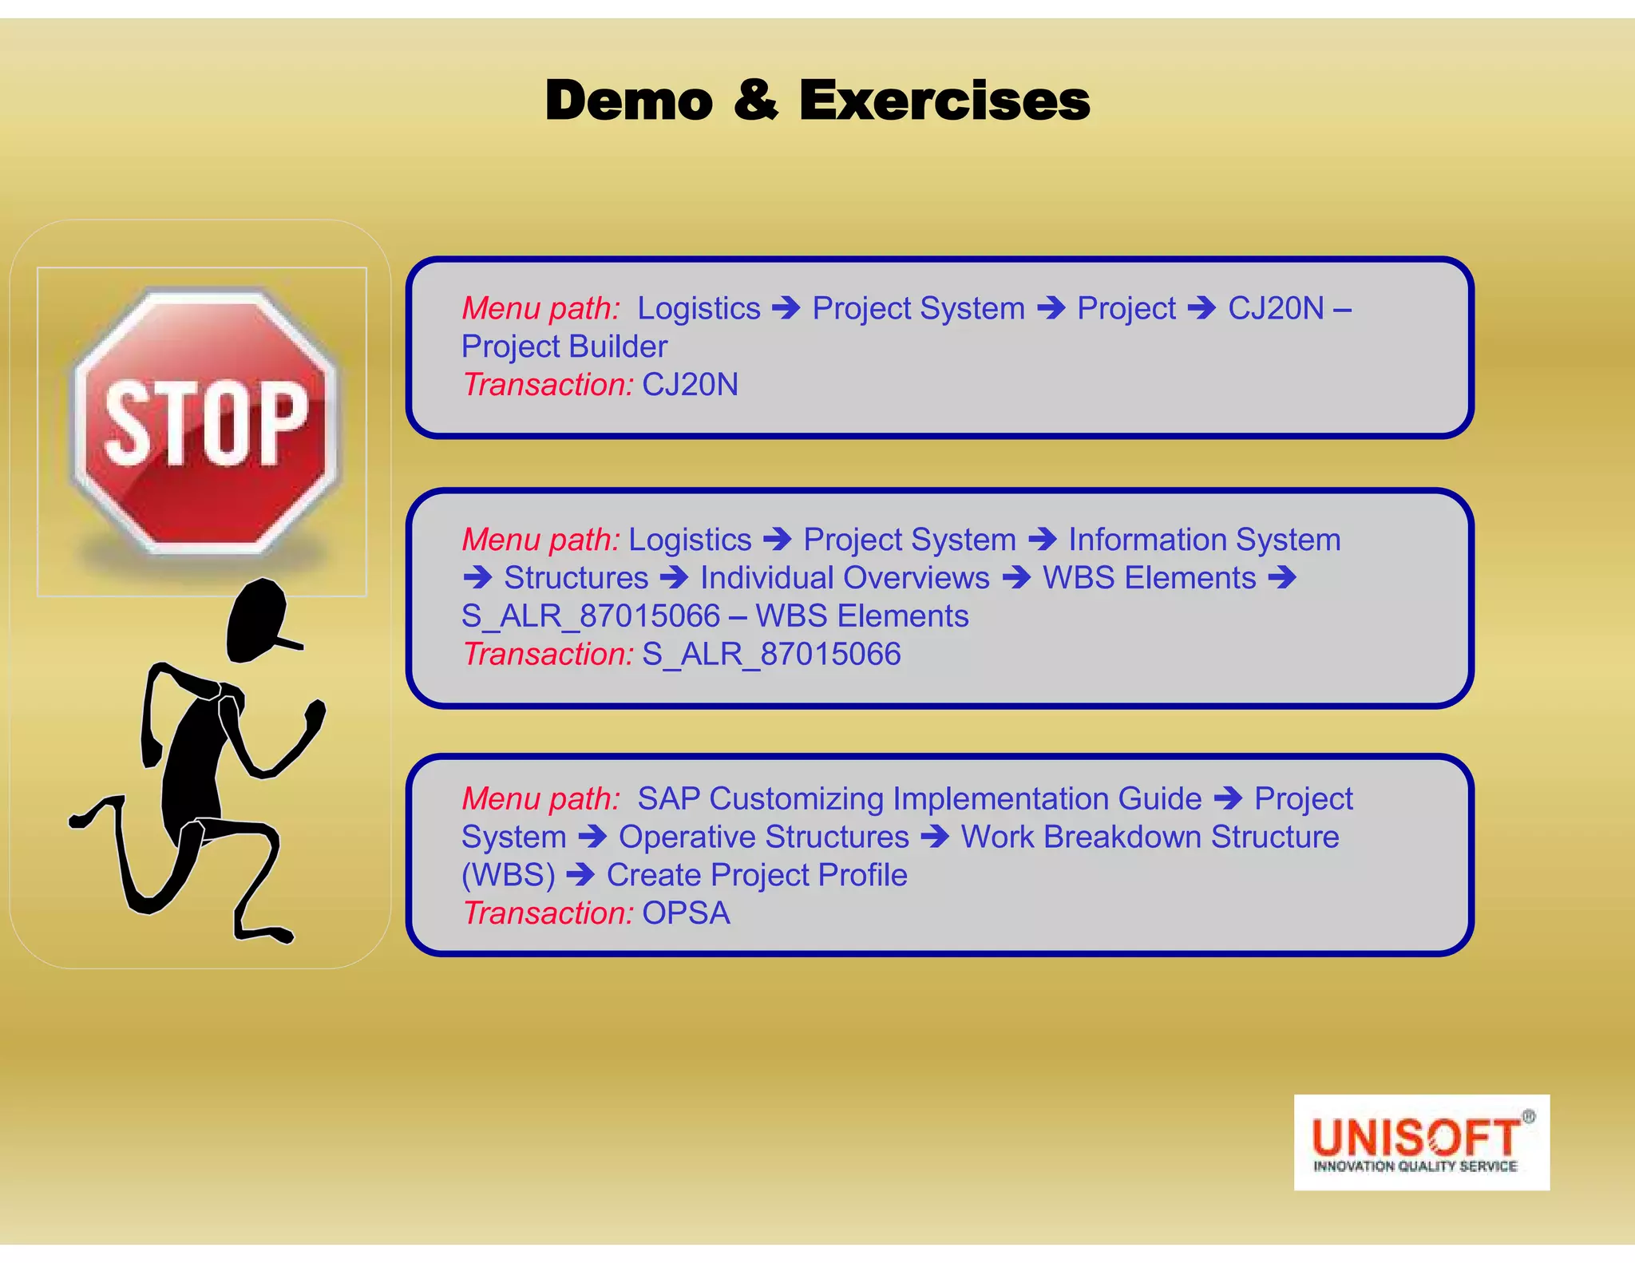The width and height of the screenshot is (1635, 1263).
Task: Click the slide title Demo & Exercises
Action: (817, 101)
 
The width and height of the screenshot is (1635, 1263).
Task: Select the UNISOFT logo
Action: (1421, 1142)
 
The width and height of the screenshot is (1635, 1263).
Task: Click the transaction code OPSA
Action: (686, 913)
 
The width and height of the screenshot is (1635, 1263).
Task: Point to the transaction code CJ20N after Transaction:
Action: (690, 385)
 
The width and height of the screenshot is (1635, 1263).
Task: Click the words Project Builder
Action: (564, 346)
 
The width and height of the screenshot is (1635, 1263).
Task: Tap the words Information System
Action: (1204, 540)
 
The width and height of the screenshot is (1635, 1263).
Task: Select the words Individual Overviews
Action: (845, 578)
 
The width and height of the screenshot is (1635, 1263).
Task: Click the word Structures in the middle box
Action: (576, 578)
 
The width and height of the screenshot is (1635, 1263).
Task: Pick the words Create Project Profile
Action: (757, 875)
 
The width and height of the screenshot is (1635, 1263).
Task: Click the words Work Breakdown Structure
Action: (1150, 837)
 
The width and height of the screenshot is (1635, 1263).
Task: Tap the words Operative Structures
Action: (763, 837)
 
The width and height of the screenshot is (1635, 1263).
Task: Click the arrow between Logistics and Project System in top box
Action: (786, 308)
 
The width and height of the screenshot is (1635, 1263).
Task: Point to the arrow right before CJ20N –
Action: (1202, 308)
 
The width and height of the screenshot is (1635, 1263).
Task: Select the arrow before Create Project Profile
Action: (580, 875)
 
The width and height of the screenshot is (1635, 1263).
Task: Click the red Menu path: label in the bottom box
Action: (540, 798)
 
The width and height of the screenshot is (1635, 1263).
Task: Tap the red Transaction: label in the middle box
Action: (548, 655)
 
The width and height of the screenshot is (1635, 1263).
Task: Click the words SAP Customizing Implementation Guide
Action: (919, 798)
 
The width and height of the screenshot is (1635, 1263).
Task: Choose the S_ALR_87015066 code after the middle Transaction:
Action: (771, 655)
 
